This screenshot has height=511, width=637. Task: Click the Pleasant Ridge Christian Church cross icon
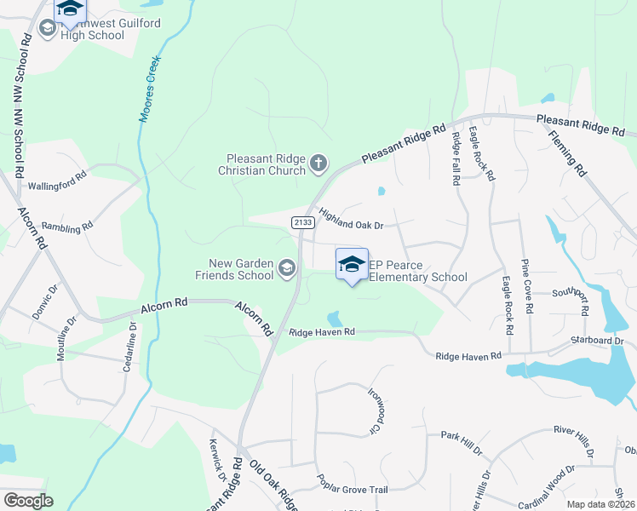[319, 164]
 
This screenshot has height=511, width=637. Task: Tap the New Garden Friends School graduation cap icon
[287, 270]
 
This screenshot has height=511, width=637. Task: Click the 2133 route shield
[302, 222]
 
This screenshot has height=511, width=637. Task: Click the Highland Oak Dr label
[352, 218]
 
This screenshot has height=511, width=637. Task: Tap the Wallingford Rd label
[58, 181]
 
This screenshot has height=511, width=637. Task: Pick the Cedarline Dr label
[133, 343]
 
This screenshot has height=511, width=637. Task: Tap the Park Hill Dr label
[461, 436]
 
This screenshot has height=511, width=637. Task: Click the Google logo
[28, 500]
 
